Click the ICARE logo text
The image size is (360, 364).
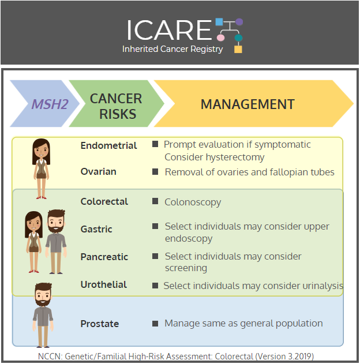(x=169, y=30)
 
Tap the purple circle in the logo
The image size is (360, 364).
(x=239, y=22)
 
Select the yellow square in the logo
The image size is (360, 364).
(x=238, y=49)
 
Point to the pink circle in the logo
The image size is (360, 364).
(x=220, y=37)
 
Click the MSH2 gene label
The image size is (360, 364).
(x=50, y=104)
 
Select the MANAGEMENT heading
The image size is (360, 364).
(x=247, y=104)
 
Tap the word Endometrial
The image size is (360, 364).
(x=108, y=145)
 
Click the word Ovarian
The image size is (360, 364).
(x=99, y=171)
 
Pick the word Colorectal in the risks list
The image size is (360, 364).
(x=104, y=201)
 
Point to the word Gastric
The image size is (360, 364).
(x=96, y=230)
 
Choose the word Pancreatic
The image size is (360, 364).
(x=104, y=257)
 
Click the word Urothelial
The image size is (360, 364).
(x=103, y=284)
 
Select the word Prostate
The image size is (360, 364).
(x=100, y=324)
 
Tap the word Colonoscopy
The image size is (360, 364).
(x=193, y=202)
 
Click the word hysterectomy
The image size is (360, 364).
(x=235, y=157)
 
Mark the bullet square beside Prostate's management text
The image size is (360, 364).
(x=155, y=324)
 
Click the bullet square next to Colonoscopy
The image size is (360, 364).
(x=155, y=201)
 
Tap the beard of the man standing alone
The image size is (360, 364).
(x=43, y=302)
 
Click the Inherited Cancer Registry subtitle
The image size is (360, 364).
(x=172, y=49)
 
